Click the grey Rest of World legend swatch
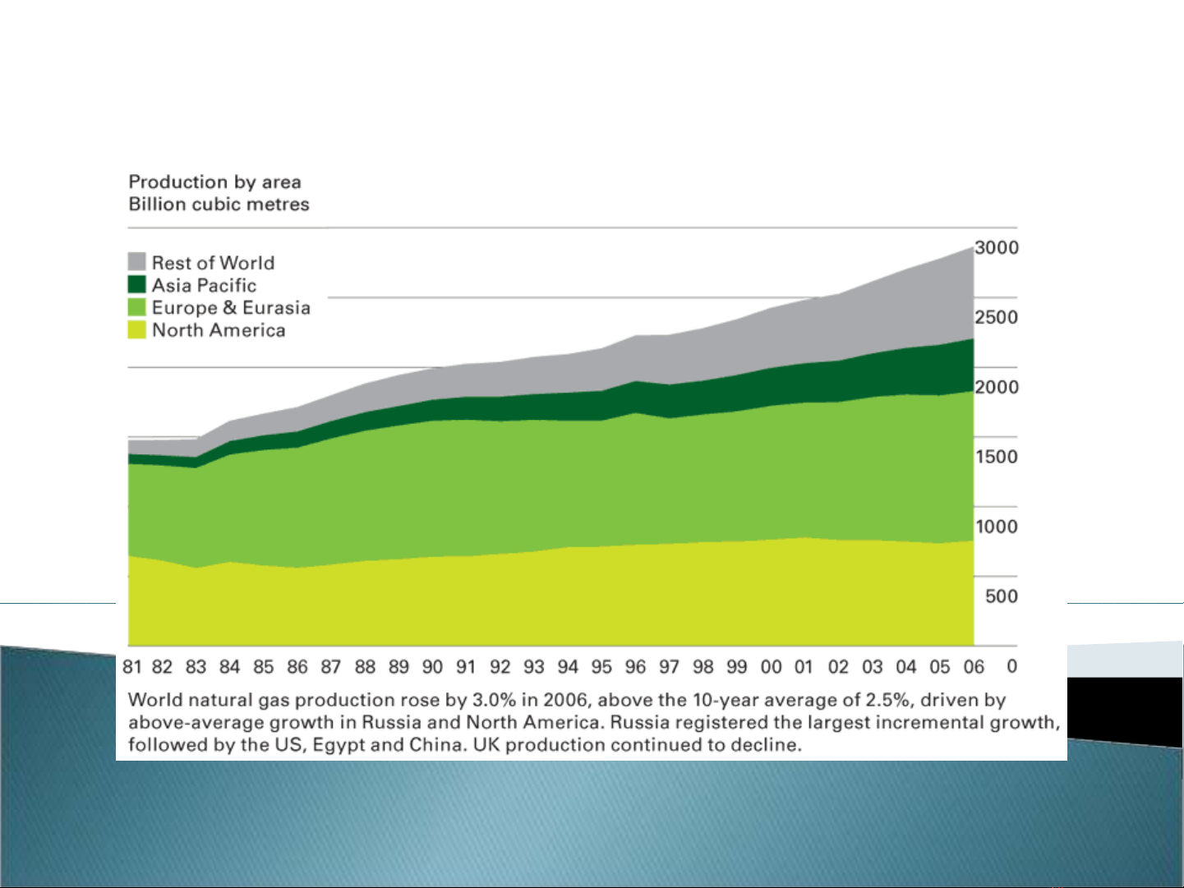point(137,262)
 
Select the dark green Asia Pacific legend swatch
point(137,284)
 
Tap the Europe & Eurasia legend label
point(231,308)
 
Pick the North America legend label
point(219,330)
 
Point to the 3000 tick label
point(996,248)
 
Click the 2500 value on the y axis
point(996,317)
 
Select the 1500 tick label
point(996,457)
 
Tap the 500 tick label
point(1001,596)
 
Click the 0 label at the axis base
point(1011,666)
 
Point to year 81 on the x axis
point(131,667)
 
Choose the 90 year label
point(432,667)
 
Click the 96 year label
point(635,667)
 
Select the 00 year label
point(771,667)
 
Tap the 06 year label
point(974,667)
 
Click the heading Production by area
point(215,182)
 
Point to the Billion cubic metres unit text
point(219,205)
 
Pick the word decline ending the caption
point(769,746)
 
